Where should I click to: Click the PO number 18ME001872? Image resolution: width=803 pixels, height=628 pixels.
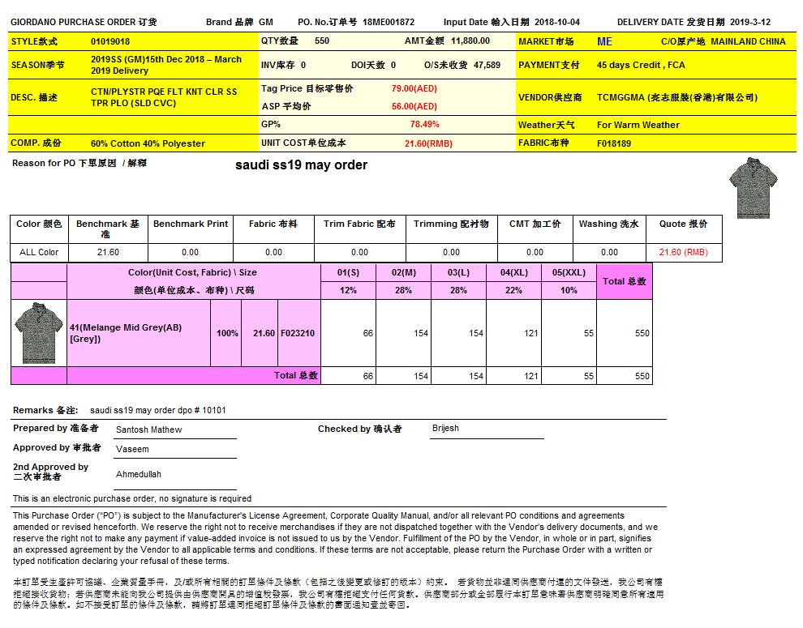coord(389,22)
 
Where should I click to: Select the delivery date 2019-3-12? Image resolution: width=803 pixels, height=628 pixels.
coord(750,22)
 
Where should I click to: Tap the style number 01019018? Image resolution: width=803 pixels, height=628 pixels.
coord(110,41)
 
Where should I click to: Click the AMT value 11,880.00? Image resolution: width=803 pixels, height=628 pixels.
coord(470,41)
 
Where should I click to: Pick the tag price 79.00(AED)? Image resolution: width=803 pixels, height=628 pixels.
coord(414,88)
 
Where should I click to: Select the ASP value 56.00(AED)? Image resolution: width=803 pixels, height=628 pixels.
coord(414,106)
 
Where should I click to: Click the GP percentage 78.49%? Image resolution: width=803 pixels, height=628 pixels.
coord(424,125)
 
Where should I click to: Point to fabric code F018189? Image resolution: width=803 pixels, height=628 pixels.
coord(614,143)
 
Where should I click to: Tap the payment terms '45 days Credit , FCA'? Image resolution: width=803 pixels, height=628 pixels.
coord(641,65)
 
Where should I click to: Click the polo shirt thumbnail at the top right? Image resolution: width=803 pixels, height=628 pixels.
coord(749,187)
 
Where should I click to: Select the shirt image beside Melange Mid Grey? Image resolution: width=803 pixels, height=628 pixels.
coord(38,333)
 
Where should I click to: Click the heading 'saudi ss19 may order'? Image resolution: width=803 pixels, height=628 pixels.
coord(301,165)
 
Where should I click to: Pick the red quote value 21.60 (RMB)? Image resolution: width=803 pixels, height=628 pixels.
coord(683,252)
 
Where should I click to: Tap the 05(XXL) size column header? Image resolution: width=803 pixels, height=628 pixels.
coord(569,273)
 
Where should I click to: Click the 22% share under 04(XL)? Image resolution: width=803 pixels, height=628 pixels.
coord(513,290)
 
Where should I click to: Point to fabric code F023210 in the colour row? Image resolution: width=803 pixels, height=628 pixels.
coord(298,333)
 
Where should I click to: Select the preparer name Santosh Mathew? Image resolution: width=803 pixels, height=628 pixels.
coord(149,429)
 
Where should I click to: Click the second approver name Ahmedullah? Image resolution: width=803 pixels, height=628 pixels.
coord(139,474)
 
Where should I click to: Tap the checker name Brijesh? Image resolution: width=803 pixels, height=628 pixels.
coord(445,428)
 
